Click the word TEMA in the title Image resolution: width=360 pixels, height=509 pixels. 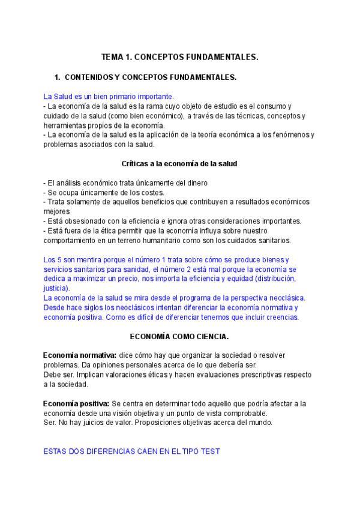112,57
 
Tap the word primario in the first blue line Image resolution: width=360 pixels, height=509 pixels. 124,96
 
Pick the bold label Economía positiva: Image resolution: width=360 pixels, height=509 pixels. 76,403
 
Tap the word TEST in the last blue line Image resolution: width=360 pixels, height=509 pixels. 209,451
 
